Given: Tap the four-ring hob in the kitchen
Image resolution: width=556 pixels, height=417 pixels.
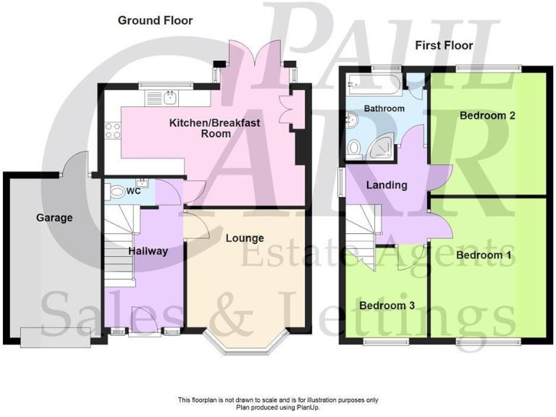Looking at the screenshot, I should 113,131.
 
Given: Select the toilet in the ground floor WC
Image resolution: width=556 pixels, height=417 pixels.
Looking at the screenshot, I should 114,192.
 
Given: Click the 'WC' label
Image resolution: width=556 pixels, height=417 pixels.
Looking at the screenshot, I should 133,192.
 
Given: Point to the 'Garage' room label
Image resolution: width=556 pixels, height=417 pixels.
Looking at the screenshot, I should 55,217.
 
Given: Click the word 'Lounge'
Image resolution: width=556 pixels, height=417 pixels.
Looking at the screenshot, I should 244,237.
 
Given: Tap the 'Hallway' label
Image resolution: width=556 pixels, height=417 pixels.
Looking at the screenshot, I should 148,251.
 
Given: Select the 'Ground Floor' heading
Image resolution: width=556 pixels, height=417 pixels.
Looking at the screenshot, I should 156,20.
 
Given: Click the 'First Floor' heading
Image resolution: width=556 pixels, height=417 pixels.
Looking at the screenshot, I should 444,46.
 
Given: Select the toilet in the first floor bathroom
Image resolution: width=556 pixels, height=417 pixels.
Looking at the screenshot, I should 354,148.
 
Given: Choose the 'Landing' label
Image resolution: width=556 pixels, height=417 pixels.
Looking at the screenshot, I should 386,185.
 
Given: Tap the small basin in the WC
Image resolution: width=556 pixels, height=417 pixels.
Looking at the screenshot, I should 143,181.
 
